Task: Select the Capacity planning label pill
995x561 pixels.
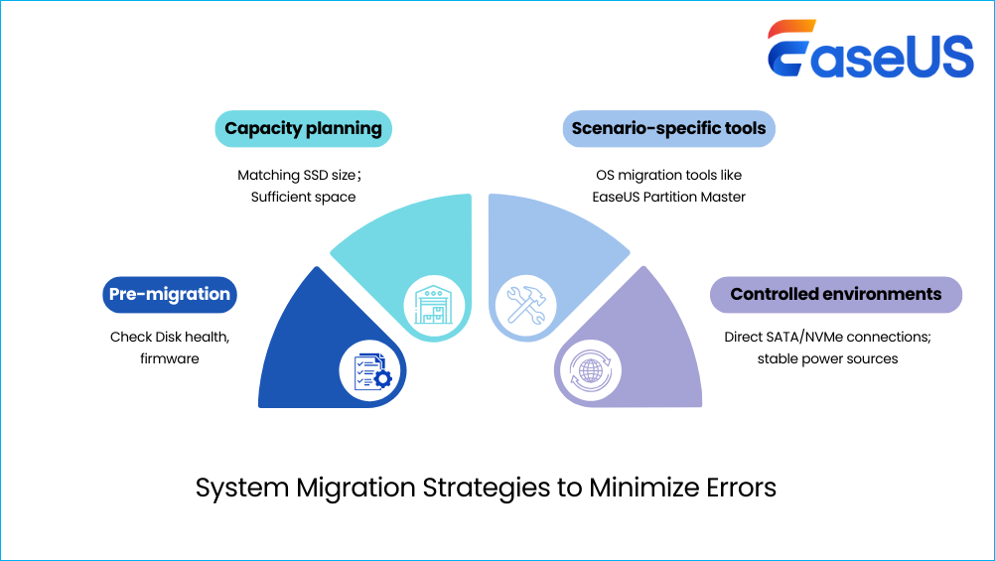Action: click(x=303, y=128)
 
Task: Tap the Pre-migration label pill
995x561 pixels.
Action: click(x=169, y=294)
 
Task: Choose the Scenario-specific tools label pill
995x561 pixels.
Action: click(x=668, y=128)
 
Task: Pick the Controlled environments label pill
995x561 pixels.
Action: click(x=835, y=294)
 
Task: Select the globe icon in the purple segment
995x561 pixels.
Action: click(x=587, y=369)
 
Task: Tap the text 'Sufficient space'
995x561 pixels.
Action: click(x=303, y=197)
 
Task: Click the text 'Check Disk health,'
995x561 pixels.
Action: click(x=170, y=338)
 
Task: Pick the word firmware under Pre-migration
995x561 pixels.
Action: click(x=170, y=358)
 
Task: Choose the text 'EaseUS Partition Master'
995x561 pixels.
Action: click(x=668, y=197)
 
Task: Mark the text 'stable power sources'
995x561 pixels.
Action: click(x=827, y=358)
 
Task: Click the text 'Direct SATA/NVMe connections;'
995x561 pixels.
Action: click(x=827, y=338)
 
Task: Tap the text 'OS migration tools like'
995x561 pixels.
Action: click(x=668, y=175)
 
